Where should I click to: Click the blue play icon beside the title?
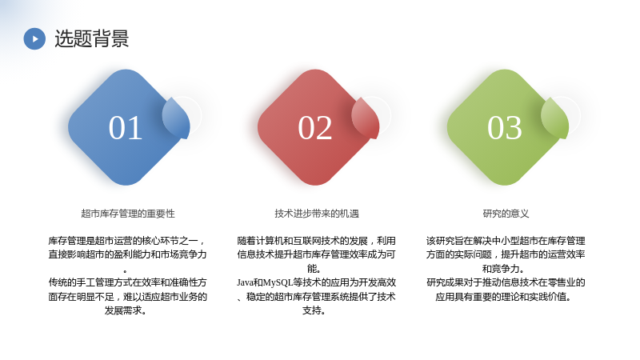click(x=34, y=38)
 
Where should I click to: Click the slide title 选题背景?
click(x=92, y=38)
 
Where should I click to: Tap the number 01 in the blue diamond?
click(x=126, y=128)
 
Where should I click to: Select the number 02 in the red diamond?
click(x=315, y=128)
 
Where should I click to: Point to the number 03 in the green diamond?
click(x=505, y=128)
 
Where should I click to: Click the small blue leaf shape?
click(x=176, y=118)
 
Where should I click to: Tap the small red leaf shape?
click(x=366, y=118)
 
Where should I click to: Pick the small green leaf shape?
click(x=555, y=118)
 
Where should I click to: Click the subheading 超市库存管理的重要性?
click(x=128, y=214)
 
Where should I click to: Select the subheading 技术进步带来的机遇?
click(x=317, y=214)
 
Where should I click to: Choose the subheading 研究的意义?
click(x=506, y=214)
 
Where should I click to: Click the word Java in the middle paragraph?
click(x=245, y=282)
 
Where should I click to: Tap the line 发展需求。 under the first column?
click(x=126, y=310)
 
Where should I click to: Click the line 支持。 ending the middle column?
click(x=314, y=310)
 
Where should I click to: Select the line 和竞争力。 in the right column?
click(x=504, y=269)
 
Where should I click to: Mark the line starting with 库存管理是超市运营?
click(x=127, y=241)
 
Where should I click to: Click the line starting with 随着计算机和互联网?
click(x=316, y=241)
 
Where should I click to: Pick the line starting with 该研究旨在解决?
click(x=506, y=241)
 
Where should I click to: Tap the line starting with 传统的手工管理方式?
click(x=128, y=282)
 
